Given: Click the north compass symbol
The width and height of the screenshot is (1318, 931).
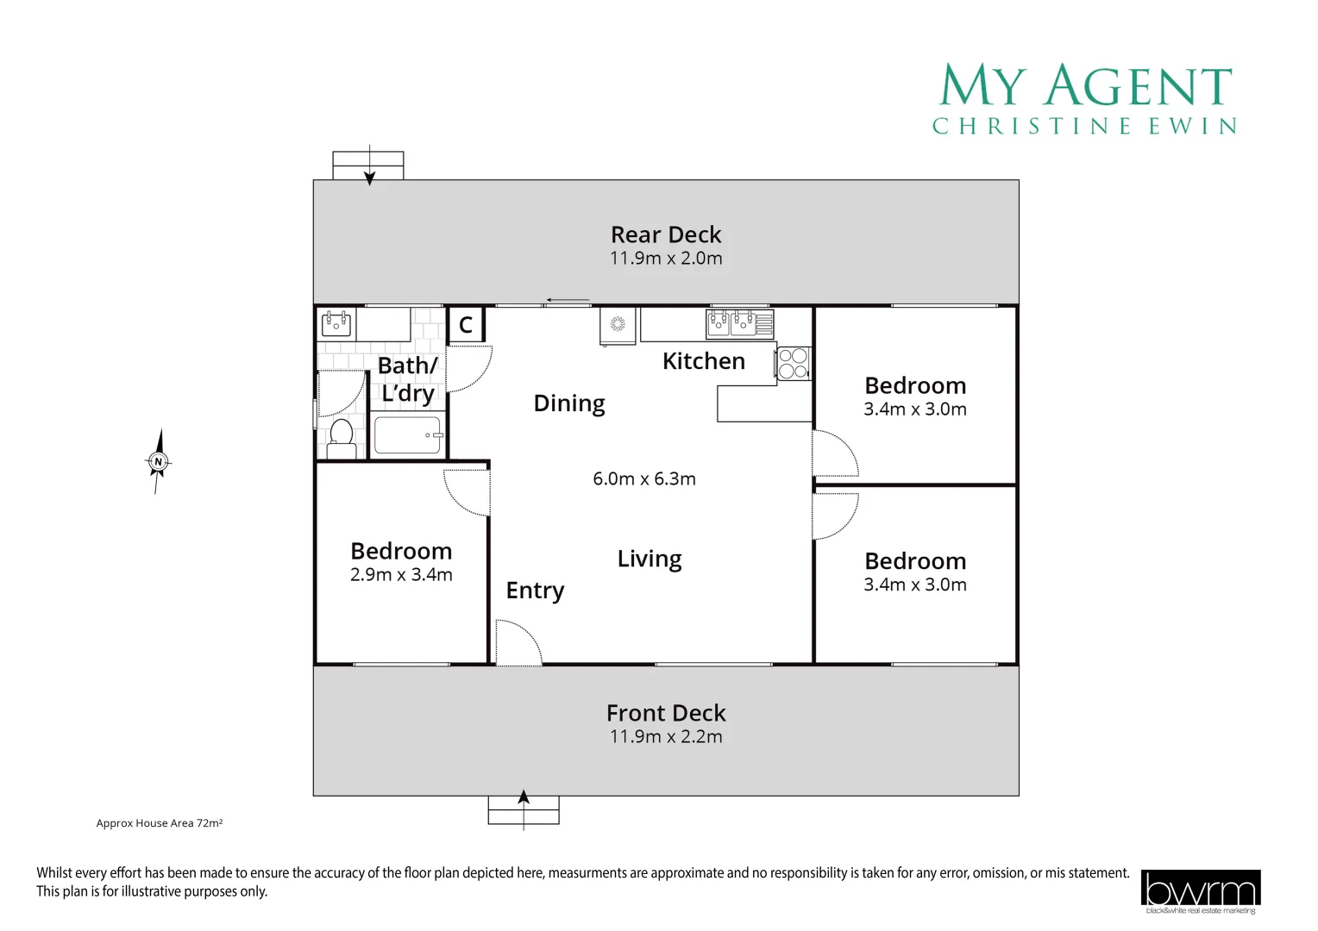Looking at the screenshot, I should click(x=158, y=462).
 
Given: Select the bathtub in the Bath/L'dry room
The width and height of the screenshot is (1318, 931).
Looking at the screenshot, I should click(x=407, y=435).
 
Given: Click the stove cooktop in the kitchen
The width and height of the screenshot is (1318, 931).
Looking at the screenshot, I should click(x=793, y=363).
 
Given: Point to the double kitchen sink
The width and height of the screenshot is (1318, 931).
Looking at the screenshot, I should click(x=731, y=323).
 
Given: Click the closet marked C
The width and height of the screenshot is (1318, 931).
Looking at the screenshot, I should click(x=466, y=325).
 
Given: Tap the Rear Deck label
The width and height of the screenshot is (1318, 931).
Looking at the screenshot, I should click(x=665, y=234).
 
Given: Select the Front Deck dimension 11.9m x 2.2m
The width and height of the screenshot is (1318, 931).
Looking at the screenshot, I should click(x=665, y=737).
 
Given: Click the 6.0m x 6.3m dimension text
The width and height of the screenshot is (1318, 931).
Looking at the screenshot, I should click(x=643, y=479).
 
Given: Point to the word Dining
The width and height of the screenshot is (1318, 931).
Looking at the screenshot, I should click(x=569, y=403).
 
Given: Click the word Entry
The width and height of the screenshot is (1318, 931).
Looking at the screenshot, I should click(x=535, y=590).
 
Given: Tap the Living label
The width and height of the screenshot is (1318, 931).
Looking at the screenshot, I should click(x=650, y=559).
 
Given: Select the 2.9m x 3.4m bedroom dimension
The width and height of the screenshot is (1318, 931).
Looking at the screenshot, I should click(x=401, y=575).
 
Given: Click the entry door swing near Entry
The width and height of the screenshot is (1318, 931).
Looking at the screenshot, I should click(x=518, y=644).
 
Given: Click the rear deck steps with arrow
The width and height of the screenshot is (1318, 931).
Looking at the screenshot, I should click(x=368, y=165).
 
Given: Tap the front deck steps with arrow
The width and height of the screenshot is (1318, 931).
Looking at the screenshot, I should click(x=524, y=809).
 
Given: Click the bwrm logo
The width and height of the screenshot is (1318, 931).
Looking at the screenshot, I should click(x=1200, y=890).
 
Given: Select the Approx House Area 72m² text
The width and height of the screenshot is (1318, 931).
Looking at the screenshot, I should click(x=160, y=823).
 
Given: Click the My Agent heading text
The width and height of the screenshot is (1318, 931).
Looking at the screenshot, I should click(x=1085, y=86).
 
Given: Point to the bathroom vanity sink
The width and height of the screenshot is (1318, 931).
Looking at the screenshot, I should click(x=336, y=324).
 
